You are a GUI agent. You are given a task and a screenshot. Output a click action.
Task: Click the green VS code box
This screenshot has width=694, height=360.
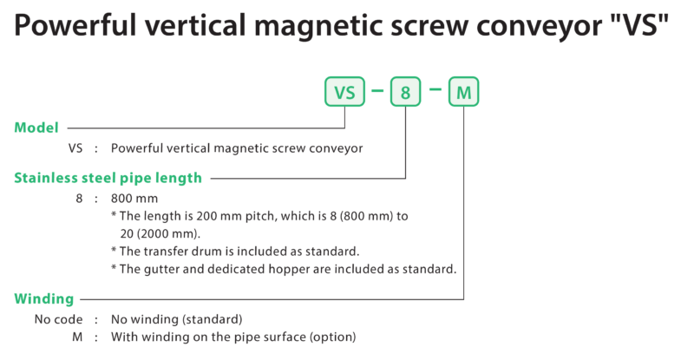(x=344, y=92)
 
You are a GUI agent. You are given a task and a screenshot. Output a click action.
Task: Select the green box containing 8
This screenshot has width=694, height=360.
(x=405, y=92)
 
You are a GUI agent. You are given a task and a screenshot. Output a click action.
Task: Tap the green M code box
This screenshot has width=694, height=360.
(x=464, y=92)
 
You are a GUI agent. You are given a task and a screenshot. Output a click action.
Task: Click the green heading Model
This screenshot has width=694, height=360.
(x=36, y=128)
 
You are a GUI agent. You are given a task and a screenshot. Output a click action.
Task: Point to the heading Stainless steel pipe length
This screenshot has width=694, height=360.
(x=108, y=178)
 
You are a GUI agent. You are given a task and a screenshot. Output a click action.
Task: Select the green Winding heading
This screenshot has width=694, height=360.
(x=44, y=299)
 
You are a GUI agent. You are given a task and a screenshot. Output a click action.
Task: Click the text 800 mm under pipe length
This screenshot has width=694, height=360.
(x=134, y=199)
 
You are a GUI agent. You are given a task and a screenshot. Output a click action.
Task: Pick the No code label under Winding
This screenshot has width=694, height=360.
(x=58, y=319)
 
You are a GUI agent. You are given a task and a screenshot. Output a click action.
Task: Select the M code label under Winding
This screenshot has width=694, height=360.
(x=77, y=337)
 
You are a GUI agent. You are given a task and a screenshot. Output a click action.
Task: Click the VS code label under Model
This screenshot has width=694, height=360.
(x=75, y=147)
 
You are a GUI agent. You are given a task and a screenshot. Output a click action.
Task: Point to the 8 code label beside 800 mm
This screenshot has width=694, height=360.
(x=79, y=199)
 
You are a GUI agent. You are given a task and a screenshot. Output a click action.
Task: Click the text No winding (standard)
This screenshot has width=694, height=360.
(x=177, y=319)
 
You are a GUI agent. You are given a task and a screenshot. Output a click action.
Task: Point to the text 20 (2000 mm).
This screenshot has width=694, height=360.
(x=160, y=233)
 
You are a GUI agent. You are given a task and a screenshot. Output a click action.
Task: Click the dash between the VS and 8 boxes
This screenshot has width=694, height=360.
(x=377, y=91)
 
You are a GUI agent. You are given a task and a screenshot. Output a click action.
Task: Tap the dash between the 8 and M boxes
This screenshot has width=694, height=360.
(x=435, y=89)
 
